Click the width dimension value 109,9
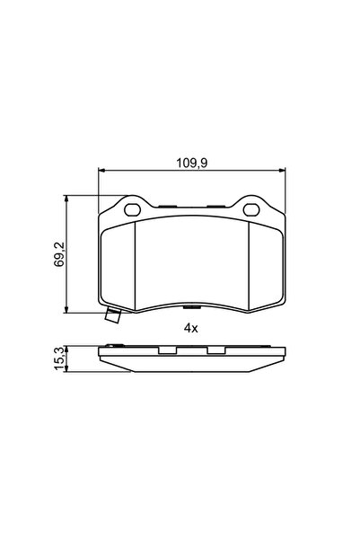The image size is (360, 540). pyautogui.click(x=191, y=164)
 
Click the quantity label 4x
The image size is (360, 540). pyautogui.click(x=190, y=329)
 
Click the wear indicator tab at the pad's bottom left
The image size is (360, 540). pyautogui.click(x=112, y=316)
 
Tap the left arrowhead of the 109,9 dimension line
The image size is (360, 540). pyautogui.click(x=101, y=172)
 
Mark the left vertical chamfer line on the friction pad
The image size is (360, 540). pyautogui.click(x=134, y=265)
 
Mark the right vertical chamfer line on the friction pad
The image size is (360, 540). pyautogui.click(x=249, y=265)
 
